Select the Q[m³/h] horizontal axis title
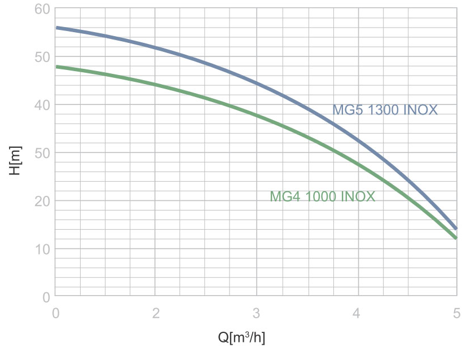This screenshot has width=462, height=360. point(241,337)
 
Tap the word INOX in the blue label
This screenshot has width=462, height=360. point(420,110)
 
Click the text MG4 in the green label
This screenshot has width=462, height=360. point(285,197)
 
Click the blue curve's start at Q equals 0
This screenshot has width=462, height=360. point(56,28)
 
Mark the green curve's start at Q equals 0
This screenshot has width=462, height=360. point(56,67)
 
